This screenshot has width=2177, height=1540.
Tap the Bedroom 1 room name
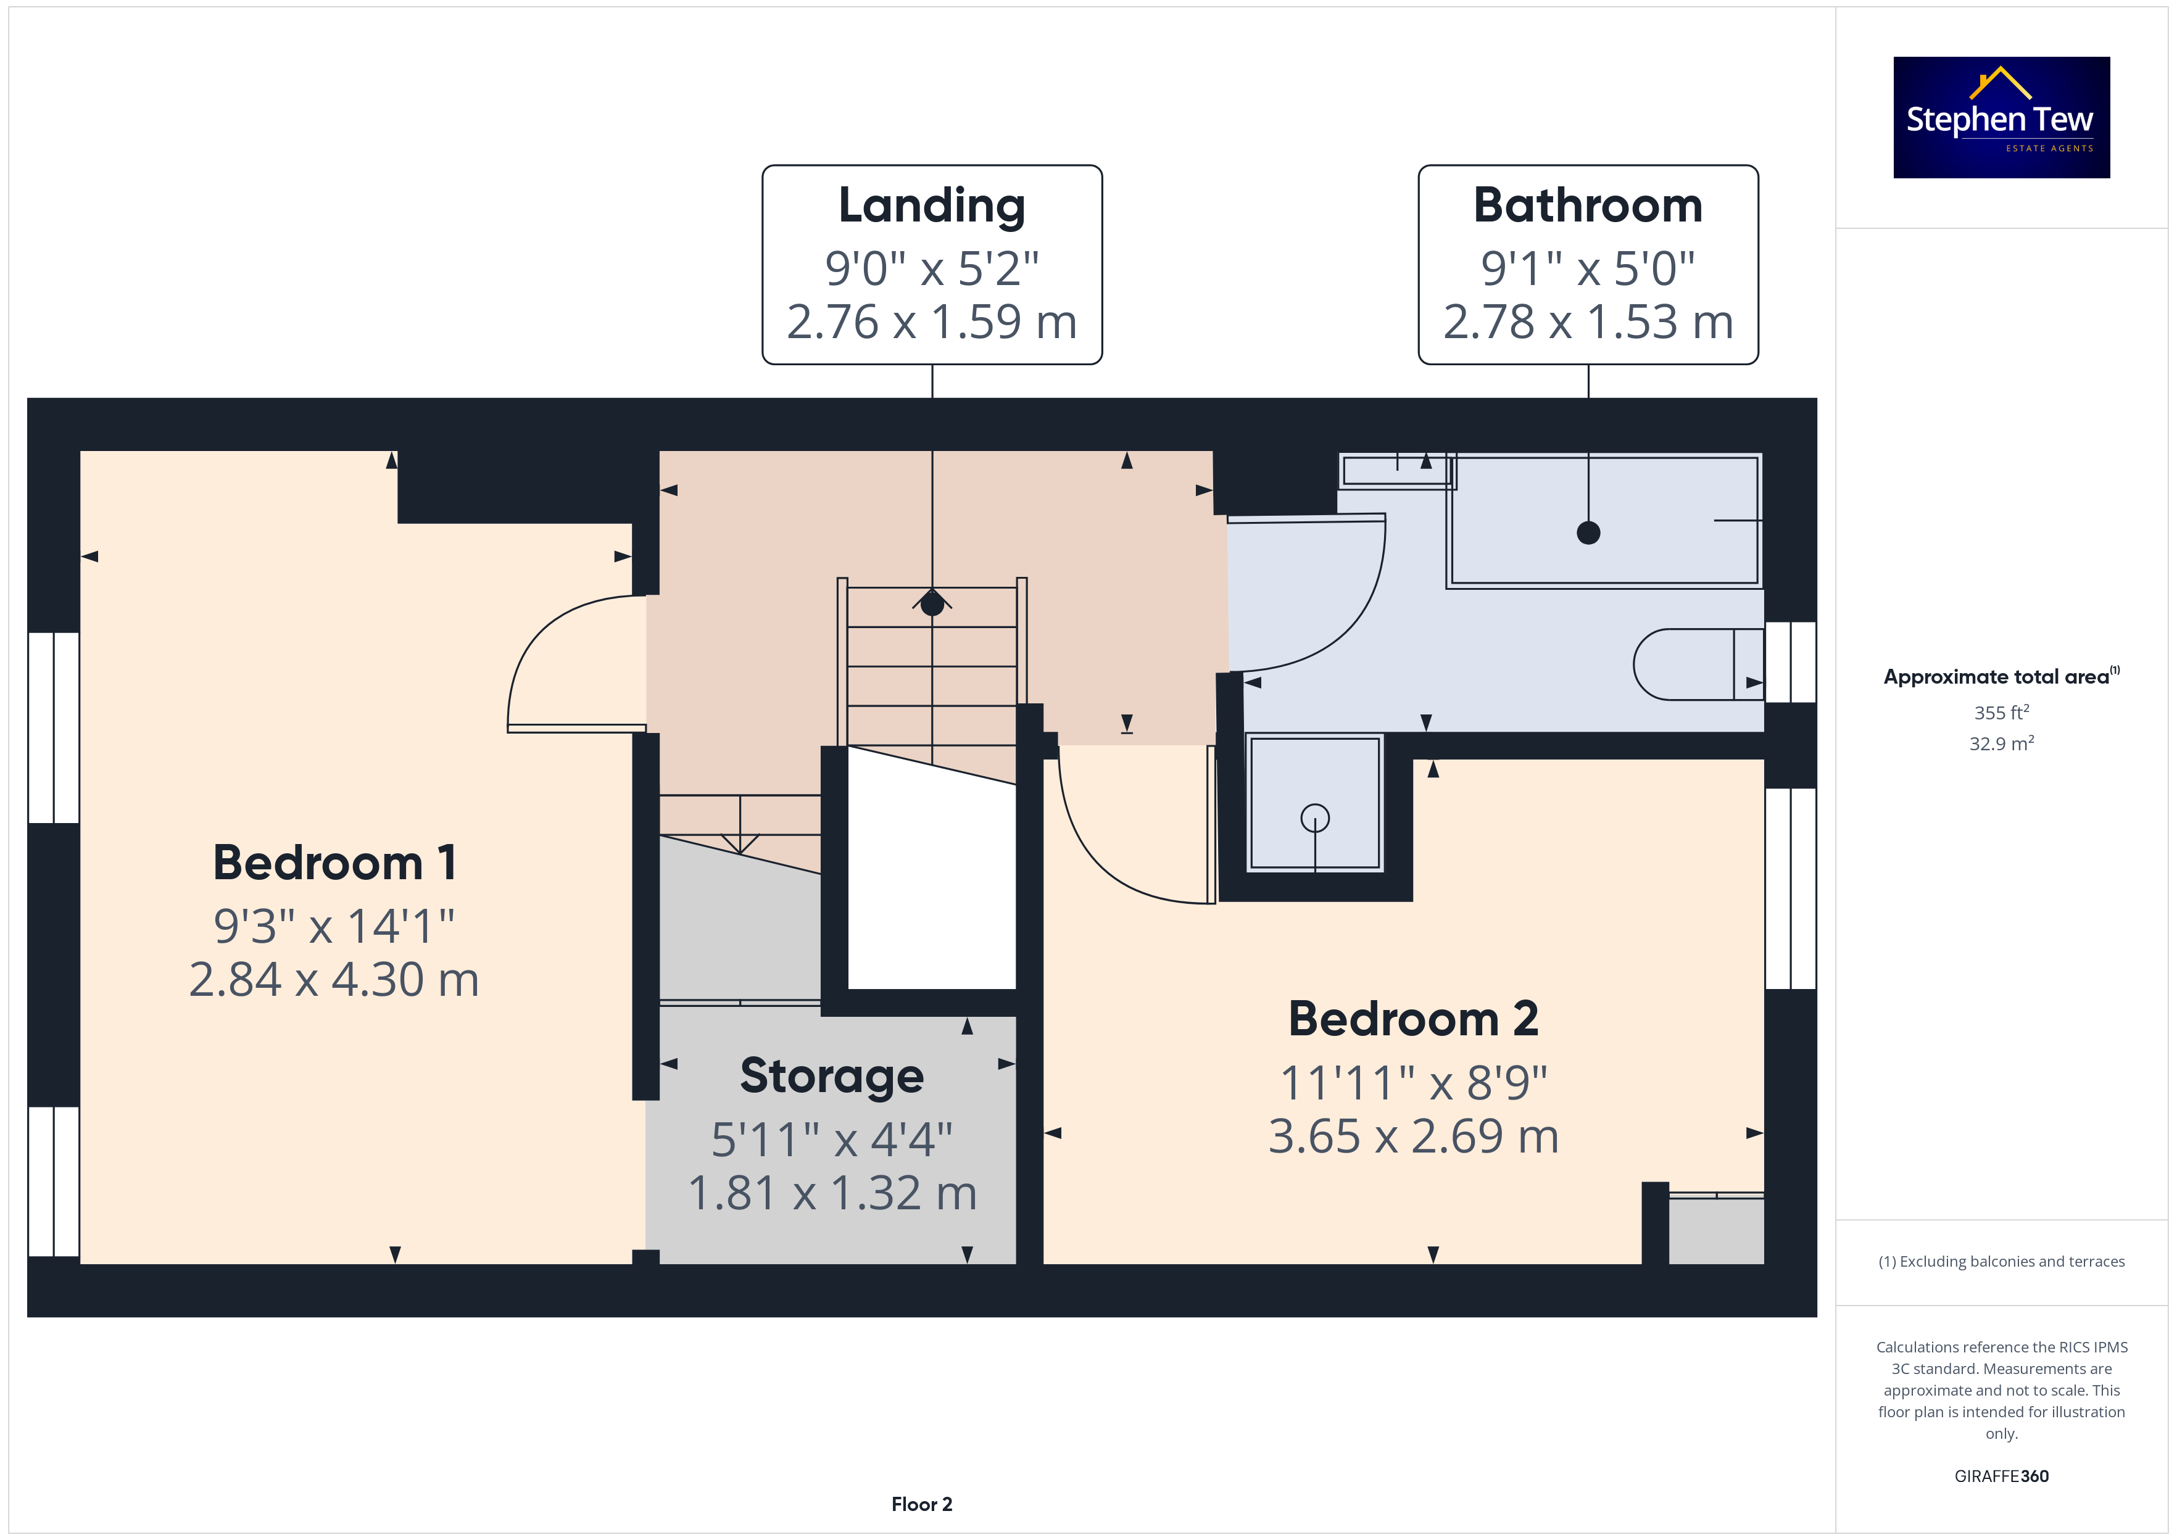click(334, 863)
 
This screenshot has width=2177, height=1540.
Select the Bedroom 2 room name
click(1413, 1019)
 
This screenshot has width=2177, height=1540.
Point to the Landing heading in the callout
click(932, 207)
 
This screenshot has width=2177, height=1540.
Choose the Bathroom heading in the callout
click(1588, 206)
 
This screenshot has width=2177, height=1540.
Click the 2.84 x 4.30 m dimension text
click(334, 980)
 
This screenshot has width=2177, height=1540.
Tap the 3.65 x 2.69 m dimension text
click(1414, 1136)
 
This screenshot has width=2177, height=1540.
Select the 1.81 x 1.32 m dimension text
click(832, 1193)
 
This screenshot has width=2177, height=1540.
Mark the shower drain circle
click(1315, 818)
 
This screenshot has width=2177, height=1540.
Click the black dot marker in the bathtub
click(1588, 533)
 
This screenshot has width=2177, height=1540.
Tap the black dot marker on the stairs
click(932, 603)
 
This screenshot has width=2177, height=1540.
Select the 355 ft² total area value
click(2002, 712)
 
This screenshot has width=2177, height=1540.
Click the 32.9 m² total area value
click(2002, 743)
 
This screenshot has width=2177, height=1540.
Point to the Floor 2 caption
click(922, 1504)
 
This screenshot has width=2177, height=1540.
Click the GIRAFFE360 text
click(2002, 1475)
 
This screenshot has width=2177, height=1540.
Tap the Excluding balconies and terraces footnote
click(2002, 1261)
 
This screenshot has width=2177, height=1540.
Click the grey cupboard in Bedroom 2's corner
click(1716, 1230)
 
